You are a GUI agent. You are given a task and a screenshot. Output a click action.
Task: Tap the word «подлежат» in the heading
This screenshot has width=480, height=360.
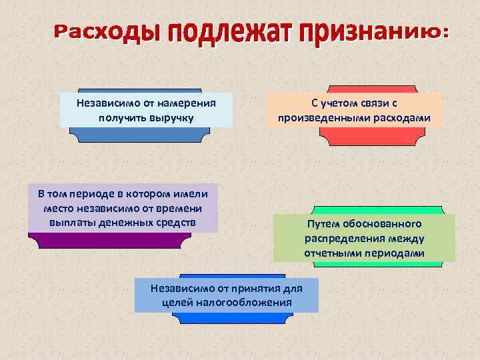point(220,31)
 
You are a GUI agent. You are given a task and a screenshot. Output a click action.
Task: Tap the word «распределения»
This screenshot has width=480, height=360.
point(341,239)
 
